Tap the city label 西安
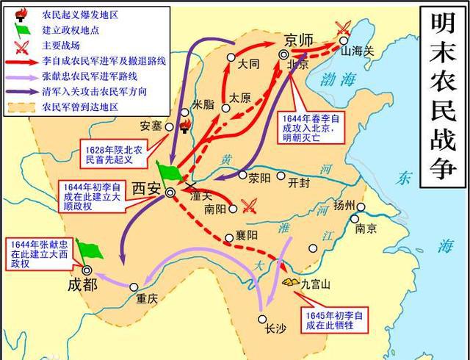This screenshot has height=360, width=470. pyautogui.click(x=146, y=188)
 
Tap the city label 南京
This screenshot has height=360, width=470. pyautogui.click(x=366, y=228)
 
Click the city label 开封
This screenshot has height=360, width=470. pyautogui.click(x=300, y=181)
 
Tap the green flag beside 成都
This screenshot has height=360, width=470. pyautogui.click(x=88, y=250)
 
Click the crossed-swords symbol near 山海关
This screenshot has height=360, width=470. pyautogui.click(x=341, y=29)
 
